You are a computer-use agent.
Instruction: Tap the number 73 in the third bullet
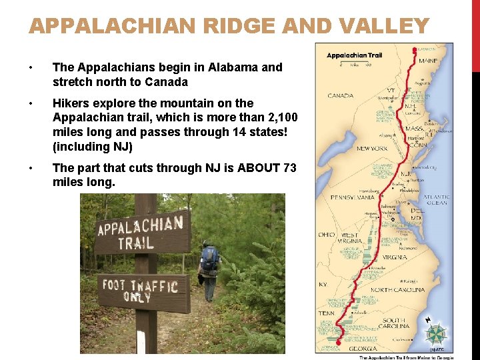tap(289, 167)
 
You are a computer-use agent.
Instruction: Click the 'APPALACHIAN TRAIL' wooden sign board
tap(141, 231)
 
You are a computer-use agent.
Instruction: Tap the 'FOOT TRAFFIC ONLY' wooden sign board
tap(139, 290)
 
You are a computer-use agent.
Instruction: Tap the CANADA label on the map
tap(340, 95)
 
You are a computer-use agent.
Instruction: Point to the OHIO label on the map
tap(326, 235)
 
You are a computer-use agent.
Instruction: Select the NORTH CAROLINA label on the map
tap(397, 290)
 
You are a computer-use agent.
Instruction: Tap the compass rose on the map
tap(437, 333)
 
